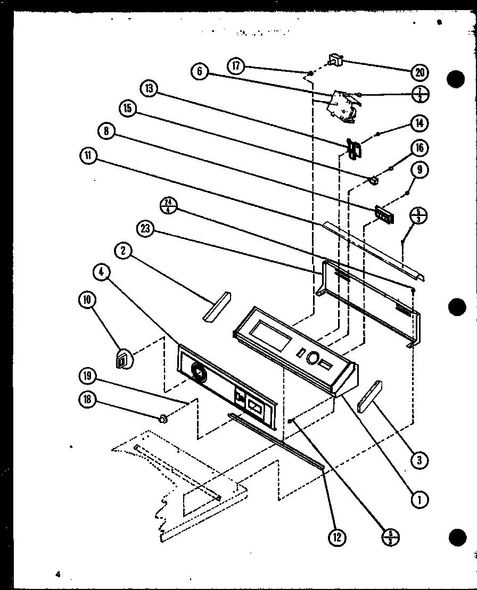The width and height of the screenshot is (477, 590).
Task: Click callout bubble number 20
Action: click(419, 72)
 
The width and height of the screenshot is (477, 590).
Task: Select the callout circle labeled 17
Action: click(235, 66)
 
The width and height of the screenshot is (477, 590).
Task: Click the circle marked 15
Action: click(128, 109)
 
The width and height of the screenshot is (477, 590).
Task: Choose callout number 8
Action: click(106, 131)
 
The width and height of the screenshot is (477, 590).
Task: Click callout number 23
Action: click(146, 229)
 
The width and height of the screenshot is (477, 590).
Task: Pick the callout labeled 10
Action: click(87, 300)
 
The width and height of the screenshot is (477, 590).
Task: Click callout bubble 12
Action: click(336, 537)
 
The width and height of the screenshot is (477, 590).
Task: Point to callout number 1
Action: click(420, 499)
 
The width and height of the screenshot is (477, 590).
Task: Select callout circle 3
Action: click(420, 459)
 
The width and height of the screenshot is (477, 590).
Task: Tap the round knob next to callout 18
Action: click(163, 419)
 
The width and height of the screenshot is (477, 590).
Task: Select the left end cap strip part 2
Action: click(216, 307)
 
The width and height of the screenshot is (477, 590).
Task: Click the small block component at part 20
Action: click(335, 60)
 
